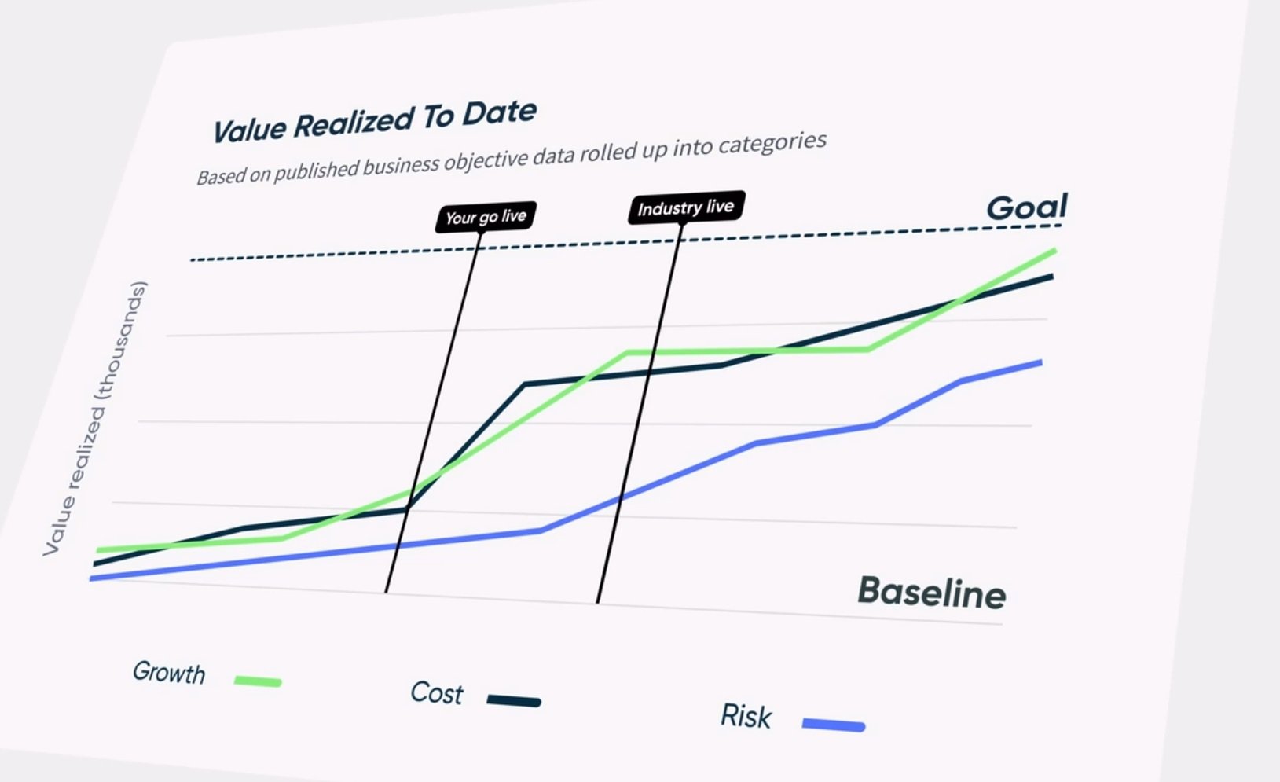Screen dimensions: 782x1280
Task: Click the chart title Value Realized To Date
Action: tap(374, 123)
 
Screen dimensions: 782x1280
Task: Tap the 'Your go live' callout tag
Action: tap(486, 217)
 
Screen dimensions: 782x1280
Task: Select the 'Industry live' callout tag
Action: tap(685, 208)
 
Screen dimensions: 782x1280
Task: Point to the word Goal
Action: tap(1026, 207)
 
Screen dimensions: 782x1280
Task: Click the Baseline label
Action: tap(931, 592)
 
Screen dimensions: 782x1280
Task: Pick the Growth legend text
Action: tap(169, 673)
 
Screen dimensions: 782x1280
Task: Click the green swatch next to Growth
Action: tap(258, 681)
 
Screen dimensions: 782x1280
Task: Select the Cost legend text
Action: tap(437, 692)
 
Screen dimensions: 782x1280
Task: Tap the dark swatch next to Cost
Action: tap(514, 700)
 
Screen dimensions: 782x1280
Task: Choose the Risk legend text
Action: tap(746, 716)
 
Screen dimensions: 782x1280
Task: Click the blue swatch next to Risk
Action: tap(834, 725)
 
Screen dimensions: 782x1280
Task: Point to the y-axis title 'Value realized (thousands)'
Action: tap(95, 419)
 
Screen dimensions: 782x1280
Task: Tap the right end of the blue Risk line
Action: tap(1041, 362)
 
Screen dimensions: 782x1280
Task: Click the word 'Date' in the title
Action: tap(499, 113)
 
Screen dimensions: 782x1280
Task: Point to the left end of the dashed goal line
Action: tap(192, 259)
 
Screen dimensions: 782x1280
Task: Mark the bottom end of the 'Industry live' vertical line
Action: tap(598, 602)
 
